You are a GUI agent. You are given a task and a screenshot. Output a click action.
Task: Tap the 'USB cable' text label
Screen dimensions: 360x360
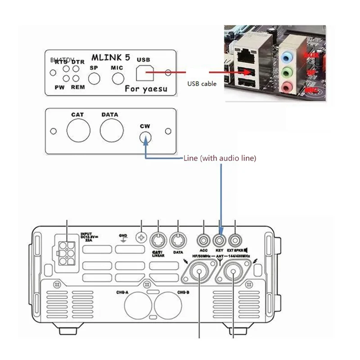(202, 84)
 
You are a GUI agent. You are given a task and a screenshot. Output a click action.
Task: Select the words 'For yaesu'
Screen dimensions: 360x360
(146, 89)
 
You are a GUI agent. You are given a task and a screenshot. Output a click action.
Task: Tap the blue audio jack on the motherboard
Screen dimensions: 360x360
(287, 58)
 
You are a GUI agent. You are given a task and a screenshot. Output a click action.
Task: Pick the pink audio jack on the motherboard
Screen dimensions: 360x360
(287, 87)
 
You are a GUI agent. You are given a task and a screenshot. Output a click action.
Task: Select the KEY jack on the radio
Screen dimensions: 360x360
(220, 239)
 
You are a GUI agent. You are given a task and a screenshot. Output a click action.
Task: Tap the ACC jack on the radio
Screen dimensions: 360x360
(203, 239)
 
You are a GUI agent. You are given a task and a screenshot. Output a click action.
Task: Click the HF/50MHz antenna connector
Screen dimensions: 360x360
(199, 273)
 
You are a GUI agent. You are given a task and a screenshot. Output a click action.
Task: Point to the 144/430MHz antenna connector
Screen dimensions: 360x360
(235, 273)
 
